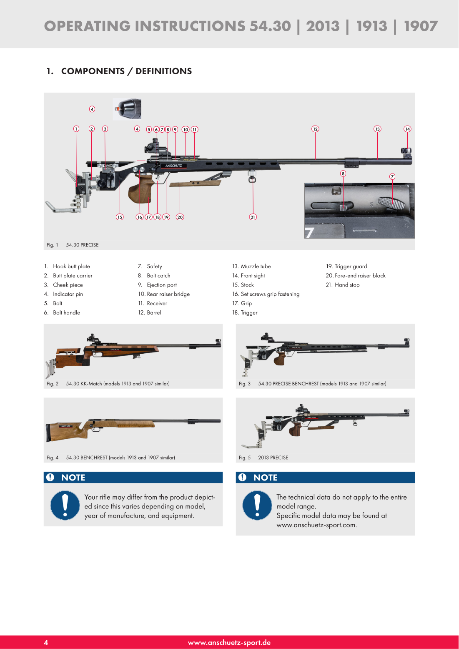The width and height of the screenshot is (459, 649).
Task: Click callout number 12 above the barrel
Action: pos(315,129)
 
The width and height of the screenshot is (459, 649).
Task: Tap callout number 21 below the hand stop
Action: pos(253,217)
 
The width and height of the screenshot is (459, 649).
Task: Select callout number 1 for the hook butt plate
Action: pos(76,129)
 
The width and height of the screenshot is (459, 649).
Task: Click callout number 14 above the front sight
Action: pos(407,129)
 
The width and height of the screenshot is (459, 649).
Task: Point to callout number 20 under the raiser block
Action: pos(180,217)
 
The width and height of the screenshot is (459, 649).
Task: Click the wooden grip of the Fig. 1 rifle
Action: pos(140,189)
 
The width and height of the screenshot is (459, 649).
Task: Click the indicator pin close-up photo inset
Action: pos(127,109)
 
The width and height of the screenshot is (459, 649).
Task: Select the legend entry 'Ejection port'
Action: pos(162,285)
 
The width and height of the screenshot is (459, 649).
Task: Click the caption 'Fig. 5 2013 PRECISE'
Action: pos(263,458)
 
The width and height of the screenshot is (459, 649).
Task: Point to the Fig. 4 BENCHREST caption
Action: pos(111,458)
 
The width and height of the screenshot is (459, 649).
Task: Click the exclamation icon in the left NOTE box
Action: pos(65,505)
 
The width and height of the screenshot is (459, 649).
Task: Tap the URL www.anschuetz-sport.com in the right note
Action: pos(316,525)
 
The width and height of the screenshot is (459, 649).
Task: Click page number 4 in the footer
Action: pos(46,643)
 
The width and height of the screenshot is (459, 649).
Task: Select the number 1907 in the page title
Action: pos(421,26)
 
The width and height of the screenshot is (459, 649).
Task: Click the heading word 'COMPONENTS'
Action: pos(93,71)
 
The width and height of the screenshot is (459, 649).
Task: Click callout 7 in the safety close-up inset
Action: pos(392,176)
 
